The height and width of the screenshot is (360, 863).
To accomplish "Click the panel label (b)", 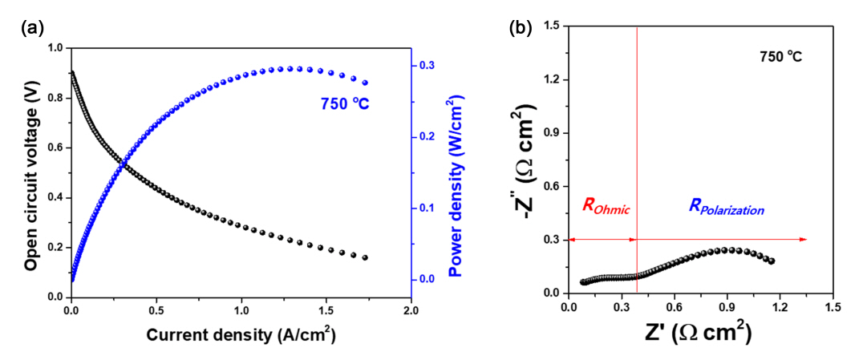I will [519, 29].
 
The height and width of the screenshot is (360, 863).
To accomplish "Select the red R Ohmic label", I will [606, 207].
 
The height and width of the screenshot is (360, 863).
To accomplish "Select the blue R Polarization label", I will [726, 207].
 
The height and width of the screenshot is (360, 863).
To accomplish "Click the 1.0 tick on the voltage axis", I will [55, 48].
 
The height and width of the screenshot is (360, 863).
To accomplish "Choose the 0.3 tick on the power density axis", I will [427, 66].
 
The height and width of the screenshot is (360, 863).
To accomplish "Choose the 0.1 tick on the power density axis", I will [427, 208].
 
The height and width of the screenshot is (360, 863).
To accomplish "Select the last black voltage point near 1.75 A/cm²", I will [365, 257].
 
